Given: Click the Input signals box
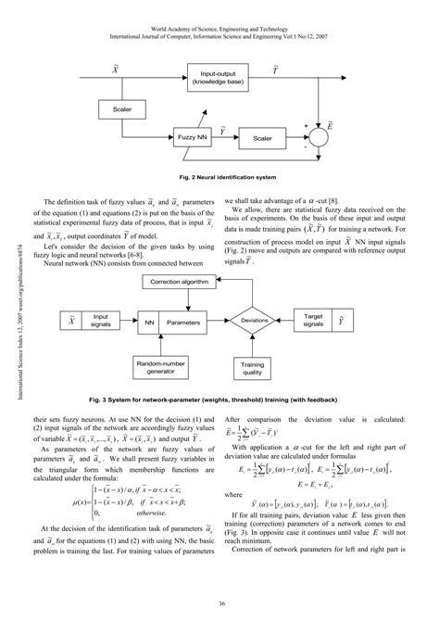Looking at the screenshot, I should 98,320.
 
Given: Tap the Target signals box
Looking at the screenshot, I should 313,320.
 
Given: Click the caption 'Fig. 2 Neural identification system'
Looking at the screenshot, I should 219,175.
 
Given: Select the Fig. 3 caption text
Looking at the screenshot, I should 219,399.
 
